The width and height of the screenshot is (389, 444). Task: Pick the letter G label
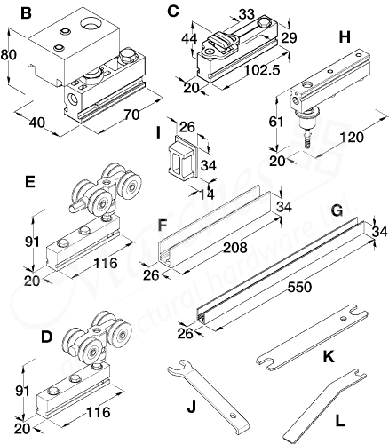click(337, 213)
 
